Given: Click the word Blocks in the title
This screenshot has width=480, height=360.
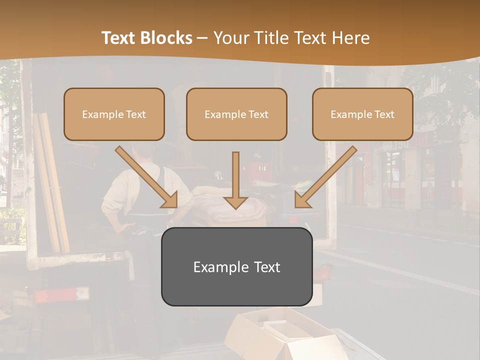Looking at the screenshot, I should (x=166, y=38).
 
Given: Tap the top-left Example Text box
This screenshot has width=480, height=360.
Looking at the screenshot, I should (x=114, y=114).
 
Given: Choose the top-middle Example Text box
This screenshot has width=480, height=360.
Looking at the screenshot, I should (x=236, y=114).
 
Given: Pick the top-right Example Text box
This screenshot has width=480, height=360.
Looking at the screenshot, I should (x=362, y=114).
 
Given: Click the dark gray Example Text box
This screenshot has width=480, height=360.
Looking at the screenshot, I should (x=236, y=266).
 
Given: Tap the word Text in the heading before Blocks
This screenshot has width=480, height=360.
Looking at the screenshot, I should (x=119, y=38).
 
